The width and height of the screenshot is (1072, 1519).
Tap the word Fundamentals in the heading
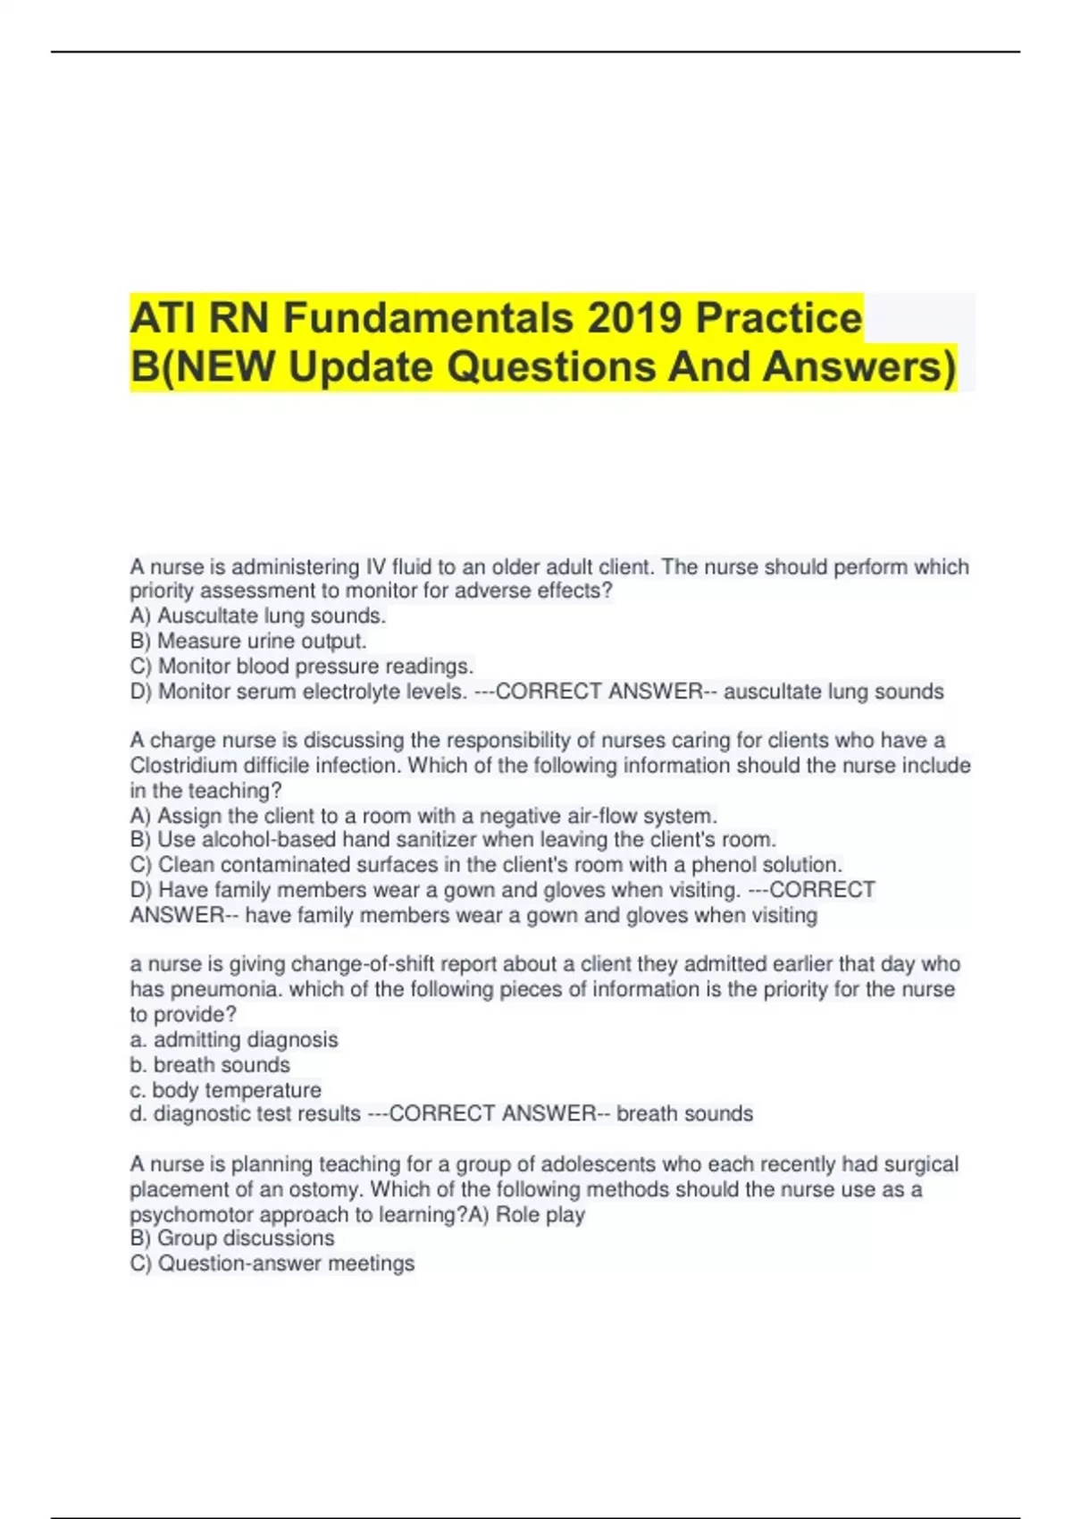coord(429,318)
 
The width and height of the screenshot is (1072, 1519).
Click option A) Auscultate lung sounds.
coord(258,616)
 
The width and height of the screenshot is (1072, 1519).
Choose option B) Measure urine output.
coord(248,641)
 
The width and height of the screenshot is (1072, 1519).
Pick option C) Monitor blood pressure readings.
coord(302,666)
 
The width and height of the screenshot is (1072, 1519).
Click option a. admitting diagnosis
coord(234,1040)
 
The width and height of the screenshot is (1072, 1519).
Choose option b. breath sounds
coord(210,1065)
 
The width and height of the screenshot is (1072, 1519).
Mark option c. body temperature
coord(225,1090)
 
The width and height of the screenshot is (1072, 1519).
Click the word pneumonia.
coord(224,990)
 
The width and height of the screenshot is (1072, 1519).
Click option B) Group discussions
coord(232,1238)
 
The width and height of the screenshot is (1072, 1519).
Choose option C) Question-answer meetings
coord(272,1263)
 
